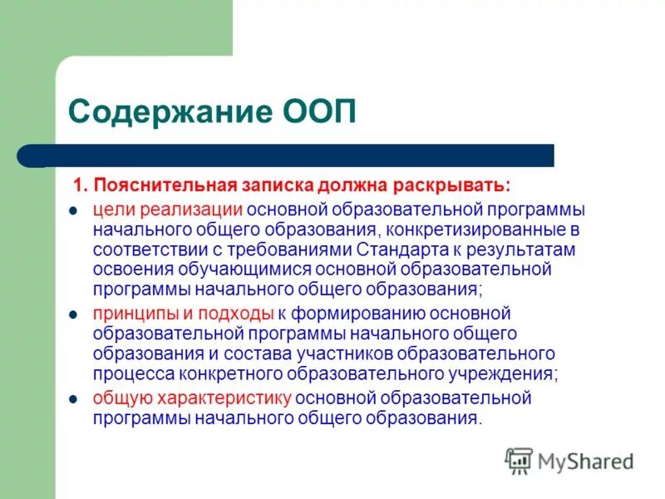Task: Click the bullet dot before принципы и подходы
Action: [72, 314]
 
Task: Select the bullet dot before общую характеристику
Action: [72, 399]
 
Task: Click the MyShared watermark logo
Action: [569, 460]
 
